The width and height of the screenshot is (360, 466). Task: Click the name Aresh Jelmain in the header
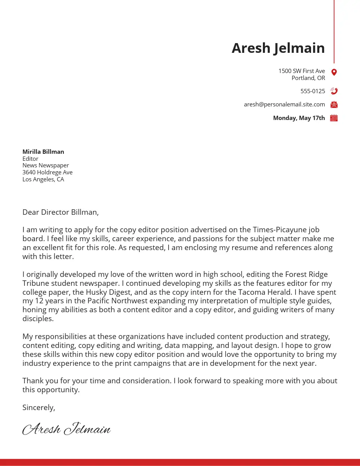click(278, 48)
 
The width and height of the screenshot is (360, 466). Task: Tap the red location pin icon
click(334, 72)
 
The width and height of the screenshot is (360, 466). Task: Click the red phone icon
click(334, 91)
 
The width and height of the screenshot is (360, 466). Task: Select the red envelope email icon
click(334, 104)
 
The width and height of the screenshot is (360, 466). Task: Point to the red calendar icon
click(334, 118)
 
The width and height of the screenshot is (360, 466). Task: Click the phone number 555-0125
click(313, 91)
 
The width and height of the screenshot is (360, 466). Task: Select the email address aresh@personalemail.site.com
click(284, 104)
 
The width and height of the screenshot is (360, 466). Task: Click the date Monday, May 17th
click(299, 118)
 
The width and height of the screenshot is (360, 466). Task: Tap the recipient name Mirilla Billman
click(43, 152)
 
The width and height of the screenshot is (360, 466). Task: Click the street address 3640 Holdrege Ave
click(47, 172)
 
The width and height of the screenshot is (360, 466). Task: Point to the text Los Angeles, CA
click(43, 179)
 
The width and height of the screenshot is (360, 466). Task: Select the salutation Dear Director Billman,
click(61, 212)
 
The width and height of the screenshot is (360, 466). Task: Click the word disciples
click(38, 319)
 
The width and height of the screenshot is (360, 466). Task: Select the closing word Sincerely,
click(39, 408)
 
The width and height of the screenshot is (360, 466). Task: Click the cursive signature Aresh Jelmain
click(66, 429)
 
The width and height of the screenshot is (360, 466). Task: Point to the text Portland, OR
click(308, 78)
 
